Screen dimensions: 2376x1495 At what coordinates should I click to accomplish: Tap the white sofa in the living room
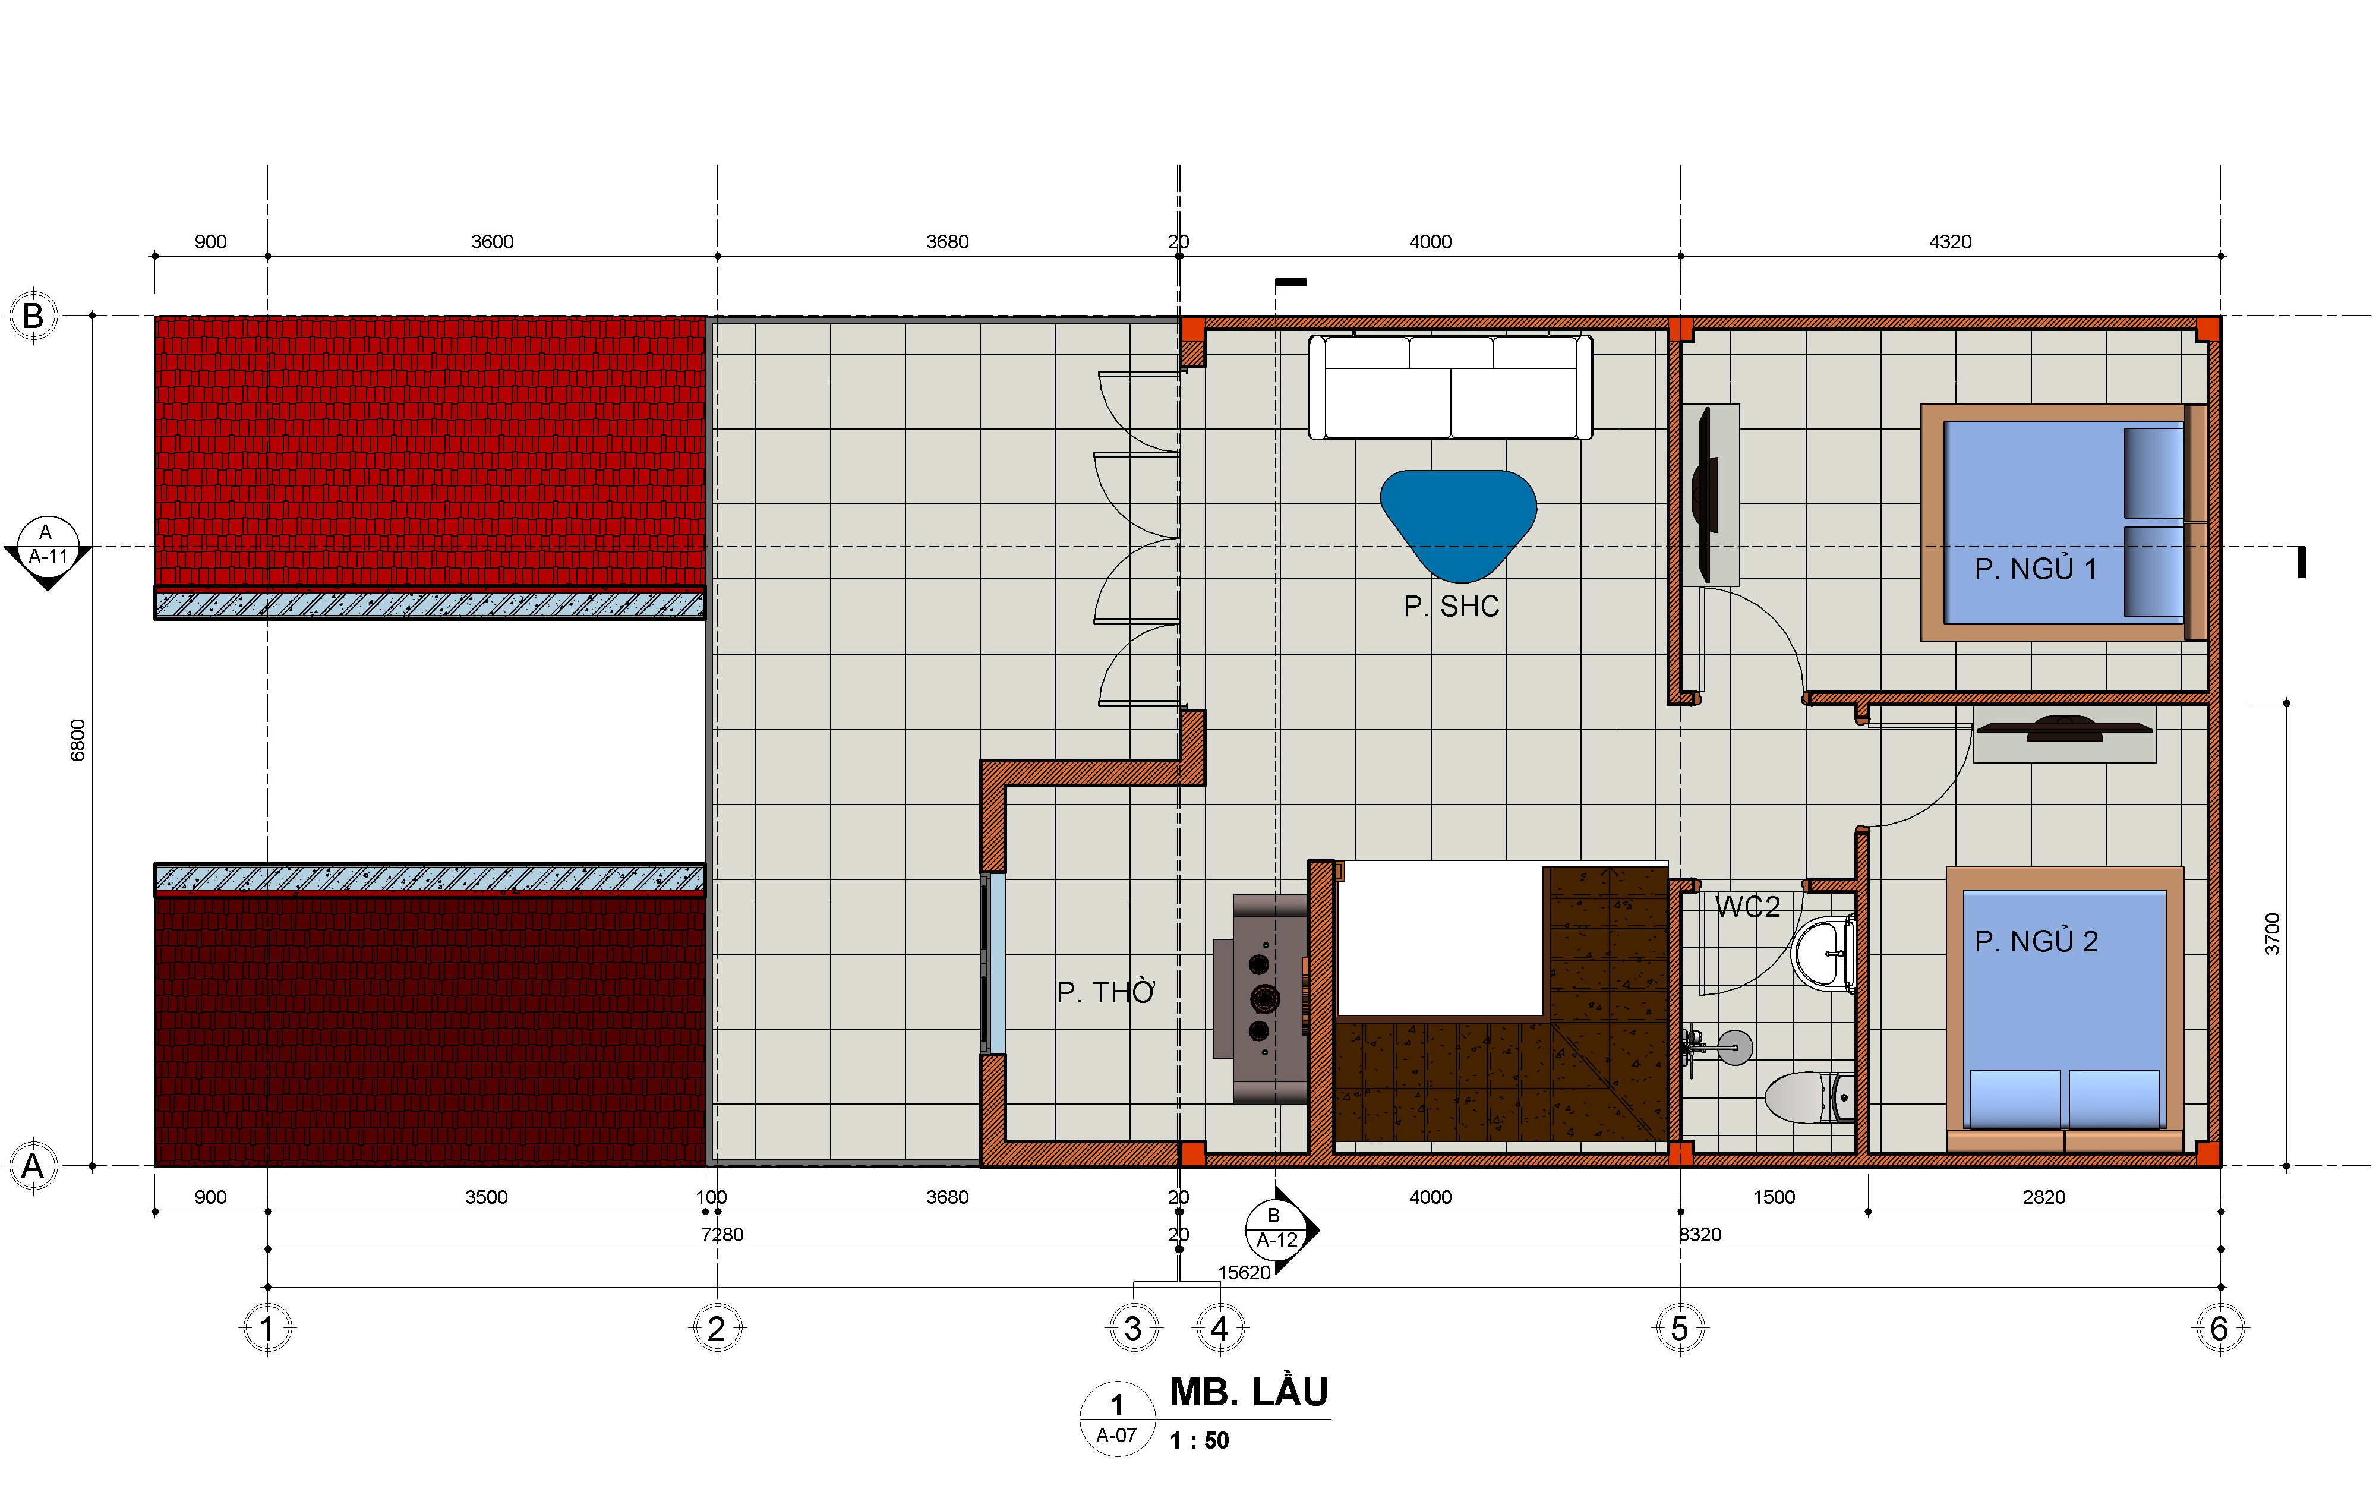click(x=1450, y=387)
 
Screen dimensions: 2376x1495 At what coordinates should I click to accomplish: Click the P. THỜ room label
click(x=1105, y=992)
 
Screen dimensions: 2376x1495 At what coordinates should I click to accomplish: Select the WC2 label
click(x=1747, y=907)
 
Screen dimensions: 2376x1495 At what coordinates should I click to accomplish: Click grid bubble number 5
click(x=1680, y=1328)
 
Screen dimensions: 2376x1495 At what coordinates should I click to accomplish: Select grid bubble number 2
click(x=717, y=1328)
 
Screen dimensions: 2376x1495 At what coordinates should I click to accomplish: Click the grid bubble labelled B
click(x=33, y=316)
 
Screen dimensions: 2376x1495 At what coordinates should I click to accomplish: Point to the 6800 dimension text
click(x=78, y=740)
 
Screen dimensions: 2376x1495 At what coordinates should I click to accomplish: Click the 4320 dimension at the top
click(x=1950, y=242)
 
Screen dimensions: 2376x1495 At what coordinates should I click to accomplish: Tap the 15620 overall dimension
click(x=1244, y=1272)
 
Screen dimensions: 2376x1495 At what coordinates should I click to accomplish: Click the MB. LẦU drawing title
click(x=1248, y=1392)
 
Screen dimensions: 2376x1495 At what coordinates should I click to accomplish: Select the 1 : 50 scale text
click(x=1199, y=1441)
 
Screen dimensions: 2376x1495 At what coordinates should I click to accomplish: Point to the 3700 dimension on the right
click(x=2273, y=933)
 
